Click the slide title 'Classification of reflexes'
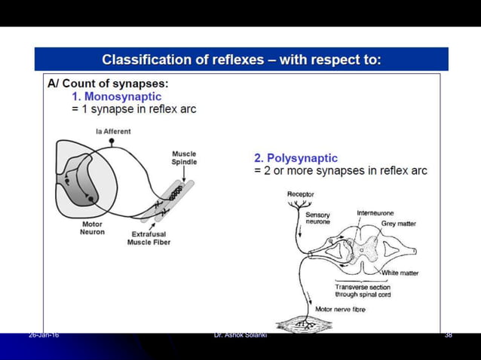(241, 59)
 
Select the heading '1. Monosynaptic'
(116, 97)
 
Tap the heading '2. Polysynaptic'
(296, 158)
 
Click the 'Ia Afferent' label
(113, 131)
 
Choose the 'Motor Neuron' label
(92, 227)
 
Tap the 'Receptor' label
(301, 194)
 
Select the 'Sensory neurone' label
(317, 218)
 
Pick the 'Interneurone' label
(375, 213)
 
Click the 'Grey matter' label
(398, 224)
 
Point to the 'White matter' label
(400, 273)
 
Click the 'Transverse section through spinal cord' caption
(363, 290)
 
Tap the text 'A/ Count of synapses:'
(108, 84)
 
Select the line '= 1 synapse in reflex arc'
(133, 109)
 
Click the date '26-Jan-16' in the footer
(44, 334)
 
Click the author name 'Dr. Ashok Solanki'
(240, 334)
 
